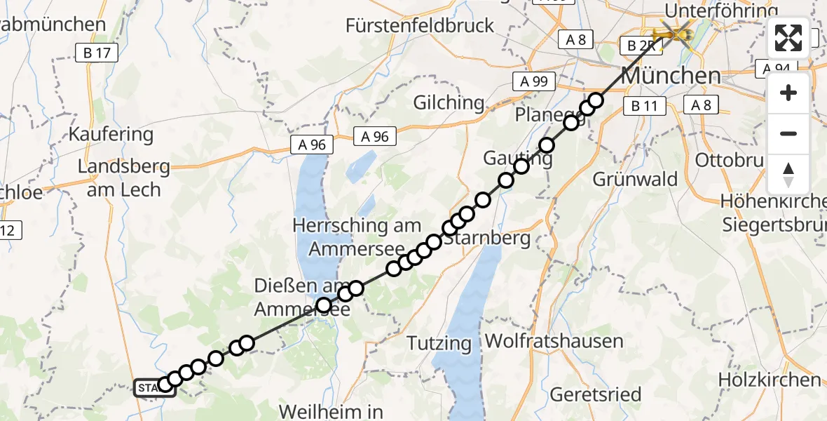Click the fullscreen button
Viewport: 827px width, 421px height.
pyautogui.click(x=788, y=38)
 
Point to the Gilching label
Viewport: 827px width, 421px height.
pyautogui.click(x=449, y=102)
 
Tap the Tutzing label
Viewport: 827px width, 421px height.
pyautogui.click(x=440, y=343)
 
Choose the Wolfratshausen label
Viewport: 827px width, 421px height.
pyautogui.click(x=554, y=342)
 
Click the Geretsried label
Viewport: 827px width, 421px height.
pyautogui.click(x=595, y=394)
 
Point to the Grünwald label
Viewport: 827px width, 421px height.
pyautogui.click(x=635, y=179)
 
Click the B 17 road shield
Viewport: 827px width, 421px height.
pyautogui.click(x=97, y=52)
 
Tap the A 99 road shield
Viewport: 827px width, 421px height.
pyautogui.click(x=534, y=81)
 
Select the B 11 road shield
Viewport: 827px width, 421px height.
pyautogui.click(x=644, y=106)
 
